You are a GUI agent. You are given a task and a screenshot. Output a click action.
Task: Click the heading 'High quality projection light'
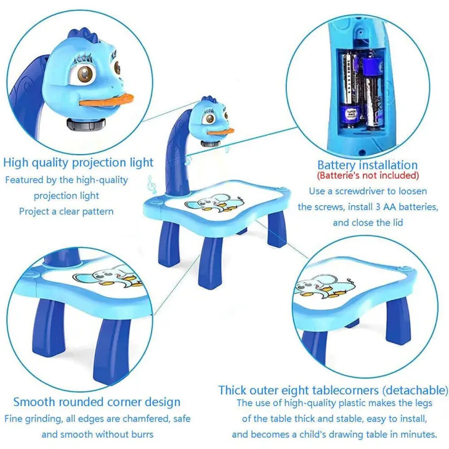(x=78, y=163)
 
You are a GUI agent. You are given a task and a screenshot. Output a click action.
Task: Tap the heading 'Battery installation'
(x=367, y=165)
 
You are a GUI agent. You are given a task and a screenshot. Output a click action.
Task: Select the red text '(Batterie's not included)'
(x=368, y=175)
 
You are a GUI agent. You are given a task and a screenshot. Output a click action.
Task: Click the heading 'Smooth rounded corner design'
(x=97, y=402)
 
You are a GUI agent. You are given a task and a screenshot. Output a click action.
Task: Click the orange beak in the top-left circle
(x=107, y=100)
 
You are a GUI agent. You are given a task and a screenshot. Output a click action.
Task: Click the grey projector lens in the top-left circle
(x=86, y=124)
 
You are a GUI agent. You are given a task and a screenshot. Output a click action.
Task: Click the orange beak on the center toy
(x=221, y=132)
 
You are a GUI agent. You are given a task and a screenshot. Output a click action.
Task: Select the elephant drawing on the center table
(x=214, y=203)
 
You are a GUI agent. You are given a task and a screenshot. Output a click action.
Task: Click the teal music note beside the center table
(x=152, y=185)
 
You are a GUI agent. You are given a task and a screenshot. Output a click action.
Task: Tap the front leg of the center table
(x=211, y=262)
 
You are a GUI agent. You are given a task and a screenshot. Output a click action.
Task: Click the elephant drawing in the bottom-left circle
(x=109, y=276)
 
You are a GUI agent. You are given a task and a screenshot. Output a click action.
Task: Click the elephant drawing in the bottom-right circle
(x=325, y=286)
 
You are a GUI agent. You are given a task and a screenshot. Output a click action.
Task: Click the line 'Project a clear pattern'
(x=66, y=211)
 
